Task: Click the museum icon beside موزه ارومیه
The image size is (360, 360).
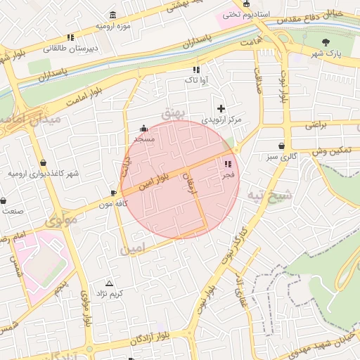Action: click(112, 15)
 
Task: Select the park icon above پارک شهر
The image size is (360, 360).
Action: click(325, 42)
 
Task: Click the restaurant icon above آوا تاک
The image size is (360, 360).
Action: click(195, 70)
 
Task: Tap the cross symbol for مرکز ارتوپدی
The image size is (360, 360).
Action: click(221, 108)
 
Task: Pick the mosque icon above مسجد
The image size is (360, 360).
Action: click(144, 129)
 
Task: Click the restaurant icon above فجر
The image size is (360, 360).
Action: click(227, 164)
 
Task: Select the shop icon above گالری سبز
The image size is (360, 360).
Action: click(282, 146)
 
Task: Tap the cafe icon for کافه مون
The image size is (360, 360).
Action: click(114, 193)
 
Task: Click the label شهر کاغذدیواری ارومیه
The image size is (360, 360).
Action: click(44, 173)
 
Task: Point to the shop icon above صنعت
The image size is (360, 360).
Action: click(4, 200)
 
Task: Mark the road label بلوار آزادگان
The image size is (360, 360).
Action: click(150, 342)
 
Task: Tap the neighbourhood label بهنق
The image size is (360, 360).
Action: click(172, 112)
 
